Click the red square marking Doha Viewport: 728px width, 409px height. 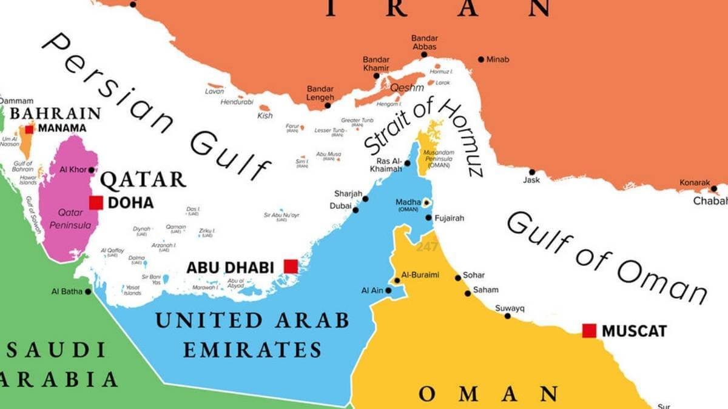pyautogui.click(x=96, y=202)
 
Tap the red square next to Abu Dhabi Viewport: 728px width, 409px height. pyautogui.click(x=291, y=266)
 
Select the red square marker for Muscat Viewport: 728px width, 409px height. pyautogui.click(x=589, y=331)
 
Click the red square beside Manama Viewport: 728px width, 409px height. pyautogui.click(x=29, y=129)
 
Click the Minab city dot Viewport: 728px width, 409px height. pyautogui.click(x=481, y=59)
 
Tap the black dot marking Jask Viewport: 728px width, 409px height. pyautogui.click(x=532, y=172)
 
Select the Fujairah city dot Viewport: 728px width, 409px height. pyautogui.click(x=428, y=218)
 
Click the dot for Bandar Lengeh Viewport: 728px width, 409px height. pyautogui.click(x=328, y=105)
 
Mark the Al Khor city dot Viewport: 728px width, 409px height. pyautogui.click(x=92, y=170)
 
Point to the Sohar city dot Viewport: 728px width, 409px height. pyautogui.click(x=458, y=278)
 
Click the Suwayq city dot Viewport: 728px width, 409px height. pyautogui.click(x=507, y=316)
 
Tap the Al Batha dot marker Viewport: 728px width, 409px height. pyautogui.click(x=88, y=291)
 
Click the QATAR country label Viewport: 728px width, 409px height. pyautogui.click(x=143, y=180)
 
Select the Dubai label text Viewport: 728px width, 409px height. pyautogui.click(x=340, y=206)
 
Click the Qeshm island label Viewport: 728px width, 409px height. pyautogui.click(x=406, y=88)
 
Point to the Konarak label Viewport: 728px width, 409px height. pyautogui.click(x=695, y=182)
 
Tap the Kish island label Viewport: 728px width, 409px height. pyautogui.click(x=265, y=115)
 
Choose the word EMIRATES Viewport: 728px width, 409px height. pyautogui.click(x=252, y=350)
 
